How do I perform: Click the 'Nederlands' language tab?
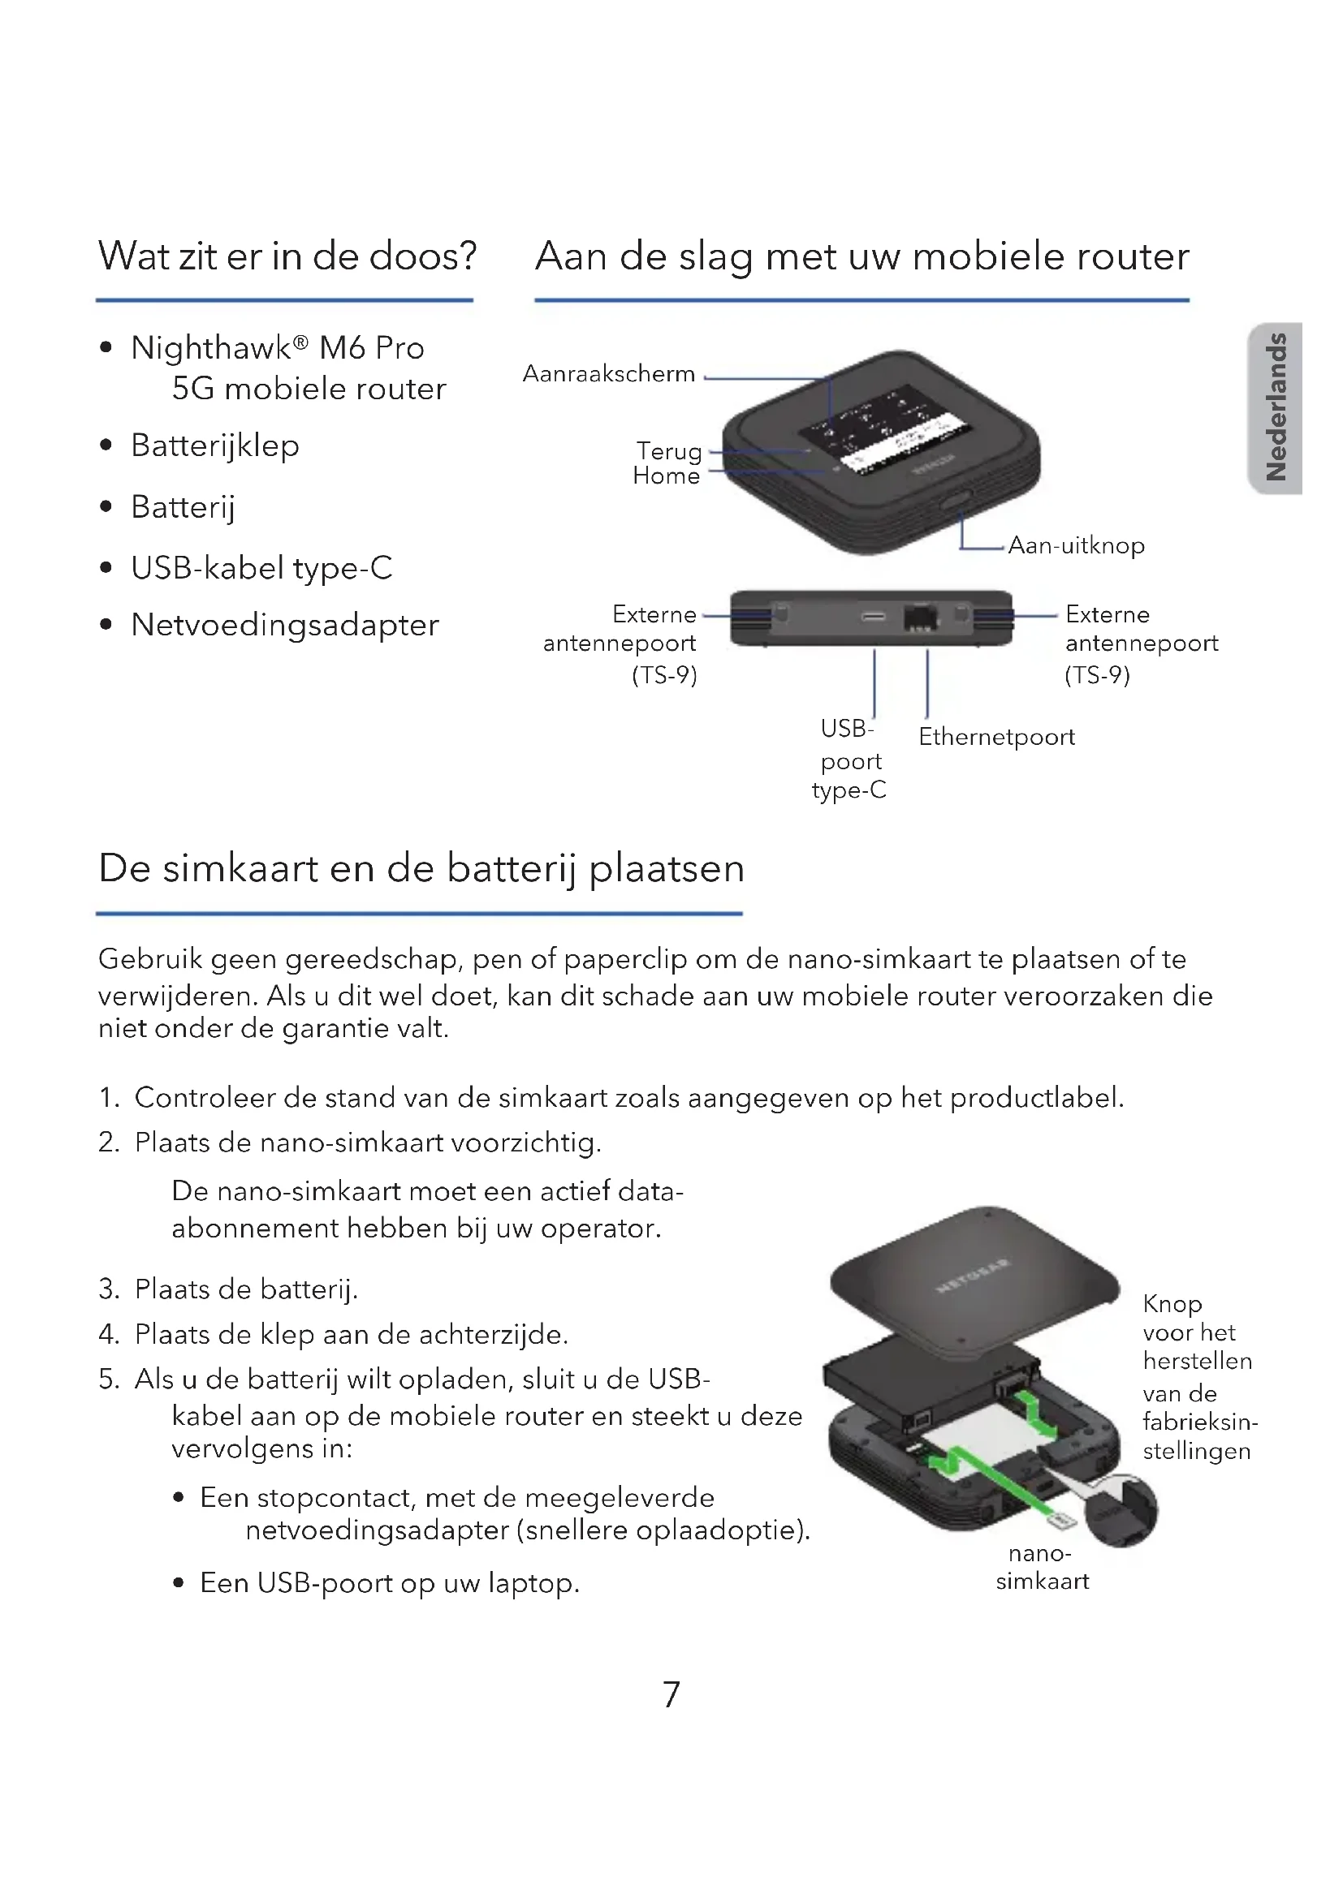point(1277,407)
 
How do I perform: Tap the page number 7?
point(671,1694)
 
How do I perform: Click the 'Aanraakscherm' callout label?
point(609,373)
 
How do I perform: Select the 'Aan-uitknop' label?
point(1076,545)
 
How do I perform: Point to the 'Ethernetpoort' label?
point(996,737)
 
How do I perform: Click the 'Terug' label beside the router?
point(669,451)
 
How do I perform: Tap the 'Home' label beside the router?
point(666,476)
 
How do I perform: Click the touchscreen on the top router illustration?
point(881,430)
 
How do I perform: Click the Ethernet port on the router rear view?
point(921,617)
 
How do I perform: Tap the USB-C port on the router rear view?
point(874,617)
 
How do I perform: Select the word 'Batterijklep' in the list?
point(215,445)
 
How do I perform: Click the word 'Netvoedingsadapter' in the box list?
point(284,625)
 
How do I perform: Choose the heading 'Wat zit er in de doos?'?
point(287,256)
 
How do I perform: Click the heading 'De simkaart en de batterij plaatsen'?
point(421,869)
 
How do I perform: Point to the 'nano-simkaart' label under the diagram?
point(1041,1568)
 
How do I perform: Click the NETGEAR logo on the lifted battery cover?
point(973,1276)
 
